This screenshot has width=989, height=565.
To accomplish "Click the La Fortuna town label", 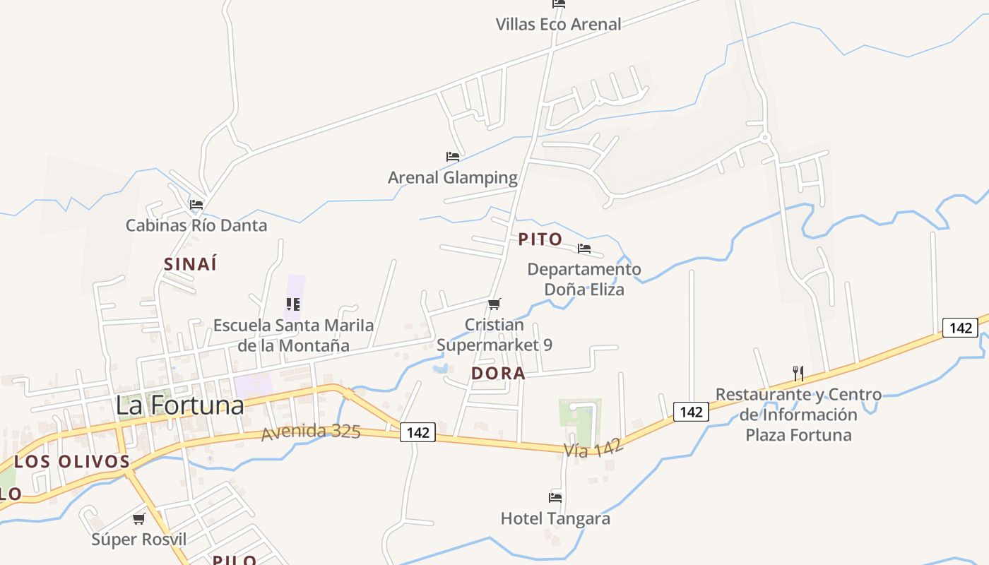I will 179,405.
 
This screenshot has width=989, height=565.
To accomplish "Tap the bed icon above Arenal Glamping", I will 453,157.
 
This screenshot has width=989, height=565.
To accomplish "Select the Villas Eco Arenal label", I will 558,24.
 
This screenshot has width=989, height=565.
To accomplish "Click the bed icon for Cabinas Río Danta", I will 196,205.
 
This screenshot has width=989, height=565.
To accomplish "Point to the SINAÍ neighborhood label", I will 190,264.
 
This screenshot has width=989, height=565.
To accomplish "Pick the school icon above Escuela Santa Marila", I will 293,304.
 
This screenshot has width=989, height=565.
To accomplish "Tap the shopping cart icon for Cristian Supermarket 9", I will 494,304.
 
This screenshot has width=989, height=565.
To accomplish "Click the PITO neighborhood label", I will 540,239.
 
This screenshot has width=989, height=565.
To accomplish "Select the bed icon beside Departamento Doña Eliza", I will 584,249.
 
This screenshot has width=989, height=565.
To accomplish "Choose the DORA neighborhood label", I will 498,374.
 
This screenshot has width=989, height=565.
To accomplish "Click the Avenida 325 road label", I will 311,432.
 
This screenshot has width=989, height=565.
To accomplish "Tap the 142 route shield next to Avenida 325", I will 418,432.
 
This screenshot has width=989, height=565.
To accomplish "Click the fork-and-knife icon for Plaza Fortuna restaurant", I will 798,373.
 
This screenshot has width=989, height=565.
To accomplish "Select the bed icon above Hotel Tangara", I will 555,498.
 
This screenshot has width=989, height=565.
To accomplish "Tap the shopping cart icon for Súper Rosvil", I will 139,519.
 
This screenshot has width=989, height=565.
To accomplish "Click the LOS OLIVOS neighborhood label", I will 72,462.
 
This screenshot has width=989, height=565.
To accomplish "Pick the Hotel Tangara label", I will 555,518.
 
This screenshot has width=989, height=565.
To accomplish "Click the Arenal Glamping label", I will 453,177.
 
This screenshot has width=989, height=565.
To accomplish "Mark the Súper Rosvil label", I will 139,540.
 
